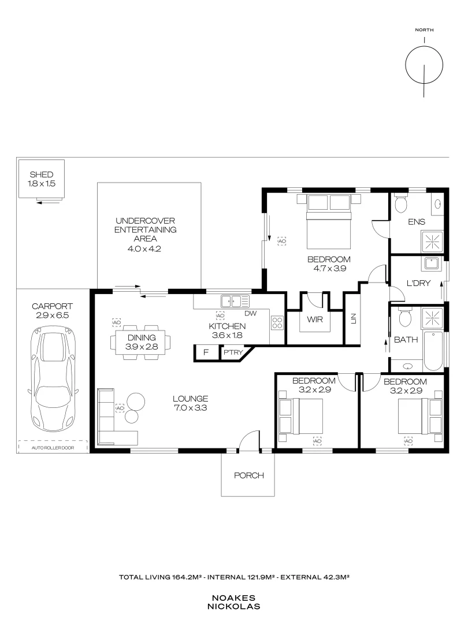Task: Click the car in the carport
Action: pos(53,379)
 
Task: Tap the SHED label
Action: pos(42,174)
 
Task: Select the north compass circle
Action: pos(424,65)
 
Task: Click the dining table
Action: pos(142,342)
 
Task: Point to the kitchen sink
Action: pos(236,301)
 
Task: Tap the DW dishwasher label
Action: pos(251,313)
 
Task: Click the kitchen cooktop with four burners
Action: pos(277,323)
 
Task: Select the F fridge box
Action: pos(206,352)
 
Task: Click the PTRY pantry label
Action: pos(233,352)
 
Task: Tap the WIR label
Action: pos(315,319)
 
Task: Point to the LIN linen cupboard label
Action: pos(354,318)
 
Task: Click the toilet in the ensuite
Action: pos(401,203)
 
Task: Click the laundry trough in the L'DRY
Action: pos(432,264)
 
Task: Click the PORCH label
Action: pos(248,475)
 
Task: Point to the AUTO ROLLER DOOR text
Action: pos(53,448)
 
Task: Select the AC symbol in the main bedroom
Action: pos(282,241)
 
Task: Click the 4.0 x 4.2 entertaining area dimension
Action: pos(144,249)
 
